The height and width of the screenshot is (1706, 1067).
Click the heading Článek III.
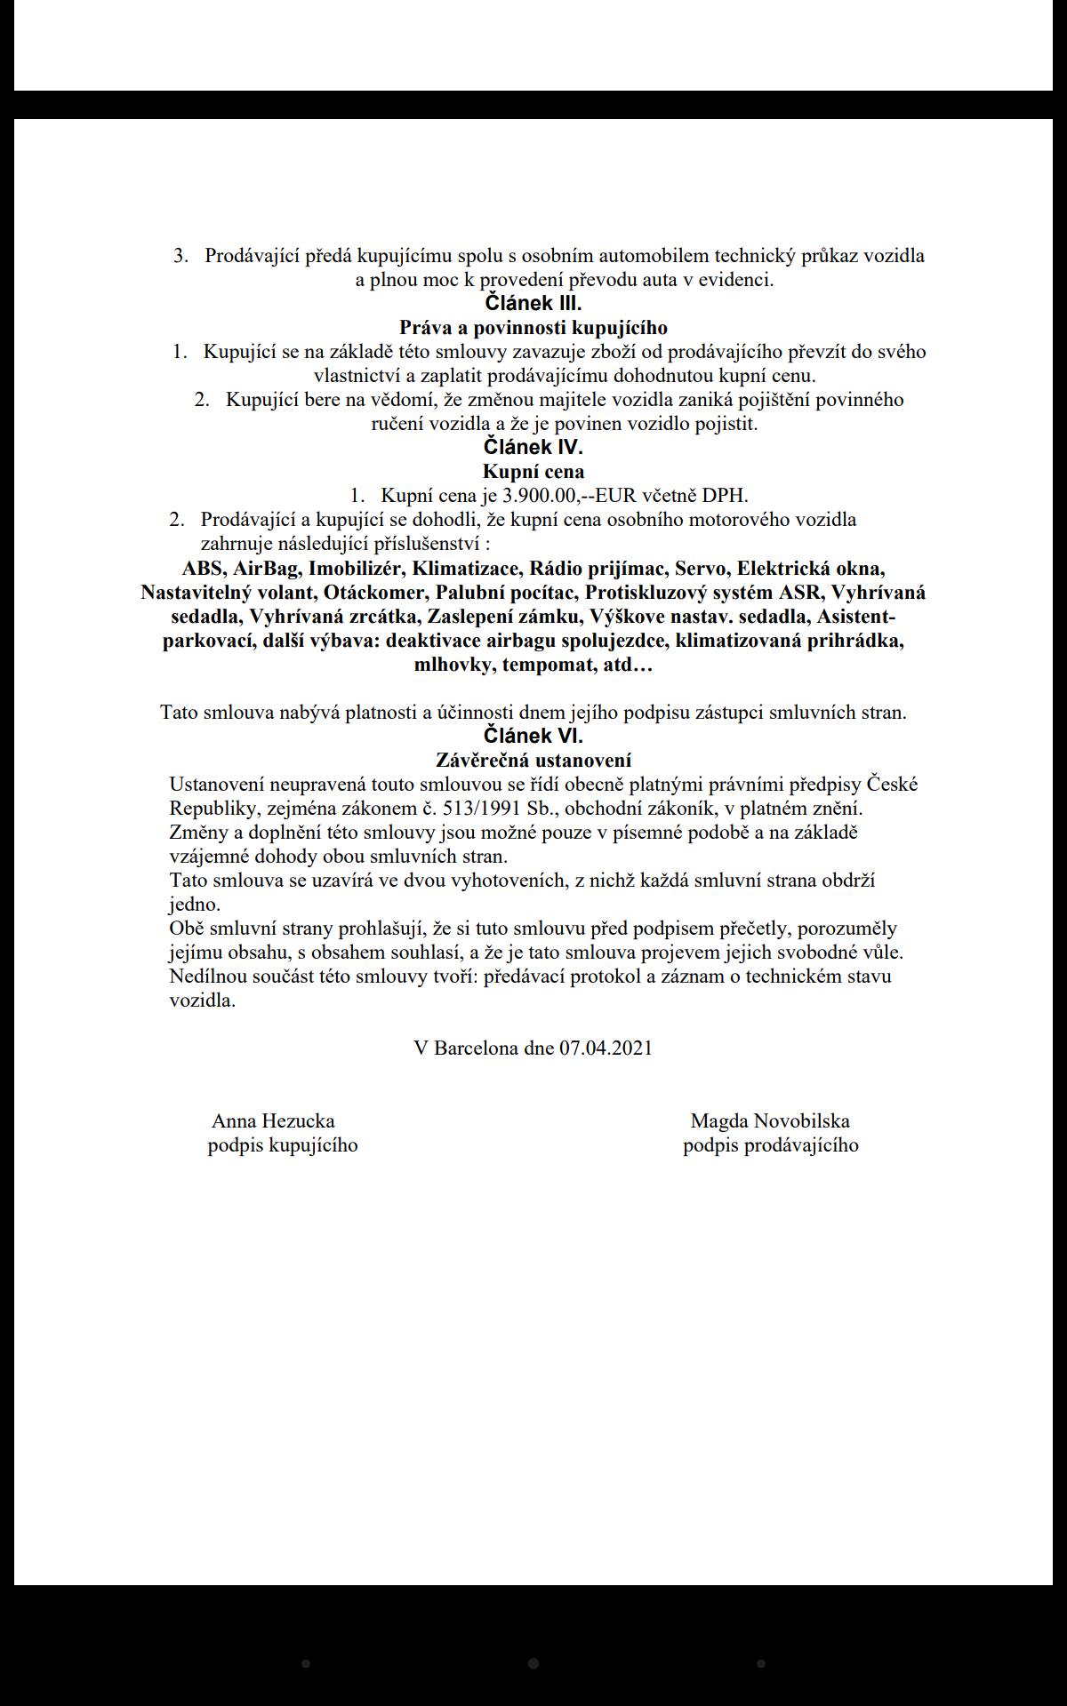tap(533, 303)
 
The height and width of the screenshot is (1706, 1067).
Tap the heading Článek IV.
tap(533, 447)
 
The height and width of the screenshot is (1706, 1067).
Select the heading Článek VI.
tap(533, 736)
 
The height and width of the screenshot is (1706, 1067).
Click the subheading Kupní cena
tap(533, 472)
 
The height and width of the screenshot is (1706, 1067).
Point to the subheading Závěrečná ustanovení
tap(533, 761)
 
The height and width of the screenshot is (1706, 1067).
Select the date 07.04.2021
tap(606, 1048)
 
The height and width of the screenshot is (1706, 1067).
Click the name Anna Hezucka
tap(273, 1121)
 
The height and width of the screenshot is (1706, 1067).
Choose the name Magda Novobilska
tap(770, 1121)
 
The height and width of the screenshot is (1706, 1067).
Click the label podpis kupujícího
tap(283, 1145)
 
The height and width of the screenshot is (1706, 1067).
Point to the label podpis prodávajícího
tap(771, 1145)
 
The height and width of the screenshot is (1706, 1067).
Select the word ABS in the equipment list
tap(203, 569)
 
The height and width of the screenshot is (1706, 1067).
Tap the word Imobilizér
tap(355, 569)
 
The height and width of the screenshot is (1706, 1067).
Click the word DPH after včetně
tap(725, 496)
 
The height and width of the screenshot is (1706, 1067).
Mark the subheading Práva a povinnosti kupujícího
tap(533, 328)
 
